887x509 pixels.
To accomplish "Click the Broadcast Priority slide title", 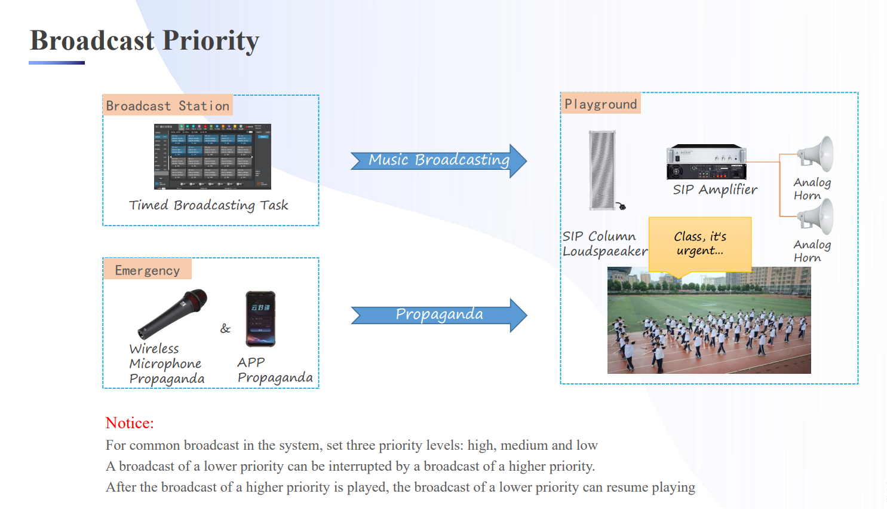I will click(145, 41).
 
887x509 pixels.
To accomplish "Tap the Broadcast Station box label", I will click(167, 106).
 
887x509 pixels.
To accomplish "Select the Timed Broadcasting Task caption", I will click(208, 205).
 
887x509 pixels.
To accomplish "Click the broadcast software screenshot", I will click(213, 157).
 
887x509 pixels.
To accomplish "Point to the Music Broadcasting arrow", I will click(438, 160).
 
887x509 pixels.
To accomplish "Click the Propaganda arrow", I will click(438, 315).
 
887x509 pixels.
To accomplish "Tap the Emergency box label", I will click(147, 270).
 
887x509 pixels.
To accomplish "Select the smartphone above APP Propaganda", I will click(261, 319).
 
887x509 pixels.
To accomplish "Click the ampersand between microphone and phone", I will click(225, 328).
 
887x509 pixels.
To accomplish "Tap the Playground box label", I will click(600, 104).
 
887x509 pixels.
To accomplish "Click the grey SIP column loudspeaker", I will click(602, 170).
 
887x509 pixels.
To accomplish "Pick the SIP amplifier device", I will click(707, 162).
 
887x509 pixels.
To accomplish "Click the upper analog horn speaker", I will click(817, 154).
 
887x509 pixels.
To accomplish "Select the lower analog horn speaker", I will click(817, 217).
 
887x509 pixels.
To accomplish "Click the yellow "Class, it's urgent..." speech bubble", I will click(699, 243).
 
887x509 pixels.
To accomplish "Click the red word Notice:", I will click(130, 423).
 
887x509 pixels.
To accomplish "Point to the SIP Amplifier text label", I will click(715, 190).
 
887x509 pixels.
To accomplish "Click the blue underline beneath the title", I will click(57, 63).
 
